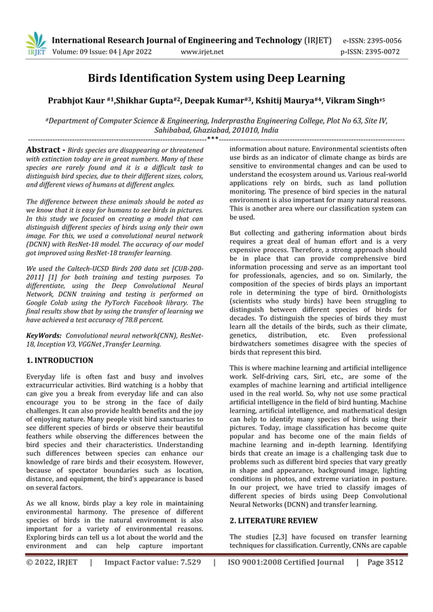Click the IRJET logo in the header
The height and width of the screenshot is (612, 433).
click(36, 43)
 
